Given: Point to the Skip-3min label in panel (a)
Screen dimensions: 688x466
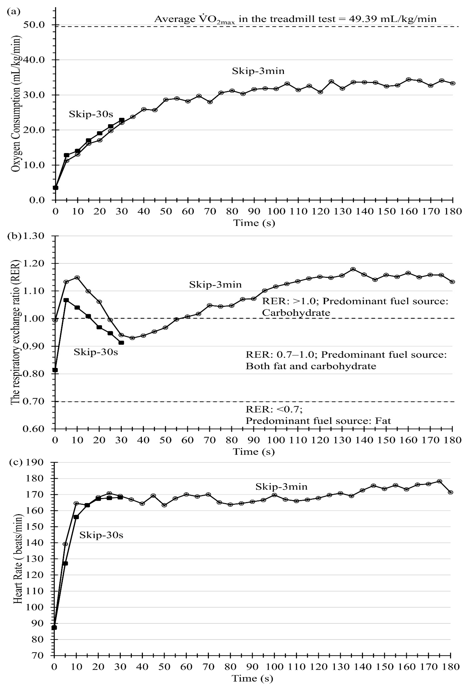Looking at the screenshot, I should pos(258,71).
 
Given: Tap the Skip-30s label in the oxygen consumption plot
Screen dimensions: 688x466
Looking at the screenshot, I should pos(91,114).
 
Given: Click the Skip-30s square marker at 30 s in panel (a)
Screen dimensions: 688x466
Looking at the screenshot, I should pos(122,120).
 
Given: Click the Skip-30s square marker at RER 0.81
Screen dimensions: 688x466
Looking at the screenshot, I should pos(55,370).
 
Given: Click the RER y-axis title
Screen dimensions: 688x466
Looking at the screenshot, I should pos(15,332).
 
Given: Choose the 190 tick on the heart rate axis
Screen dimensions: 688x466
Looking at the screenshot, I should pos(35,462).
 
